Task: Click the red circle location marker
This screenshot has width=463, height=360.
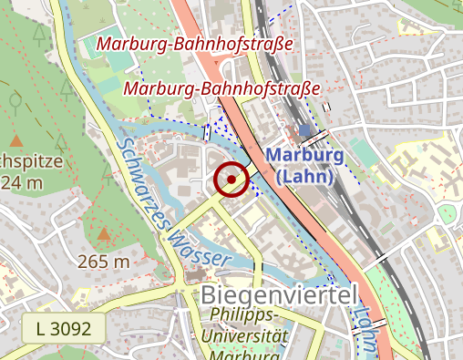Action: pos(231,180)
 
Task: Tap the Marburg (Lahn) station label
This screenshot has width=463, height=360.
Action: pos(304,164)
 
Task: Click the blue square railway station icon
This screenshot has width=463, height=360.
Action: pos(304,133)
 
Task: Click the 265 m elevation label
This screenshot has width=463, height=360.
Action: pos(104,262)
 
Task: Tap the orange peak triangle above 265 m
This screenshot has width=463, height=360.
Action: pos(104,237)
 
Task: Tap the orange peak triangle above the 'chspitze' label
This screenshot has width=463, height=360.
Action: pos(16,140)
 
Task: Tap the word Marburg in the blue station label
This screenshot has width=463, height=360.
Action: pos(304,155)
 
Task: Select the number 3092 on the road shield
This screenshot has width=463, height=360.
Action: pos(71,328)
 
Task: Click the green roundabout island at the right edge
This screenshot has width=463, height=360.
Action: pos(446,214)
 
